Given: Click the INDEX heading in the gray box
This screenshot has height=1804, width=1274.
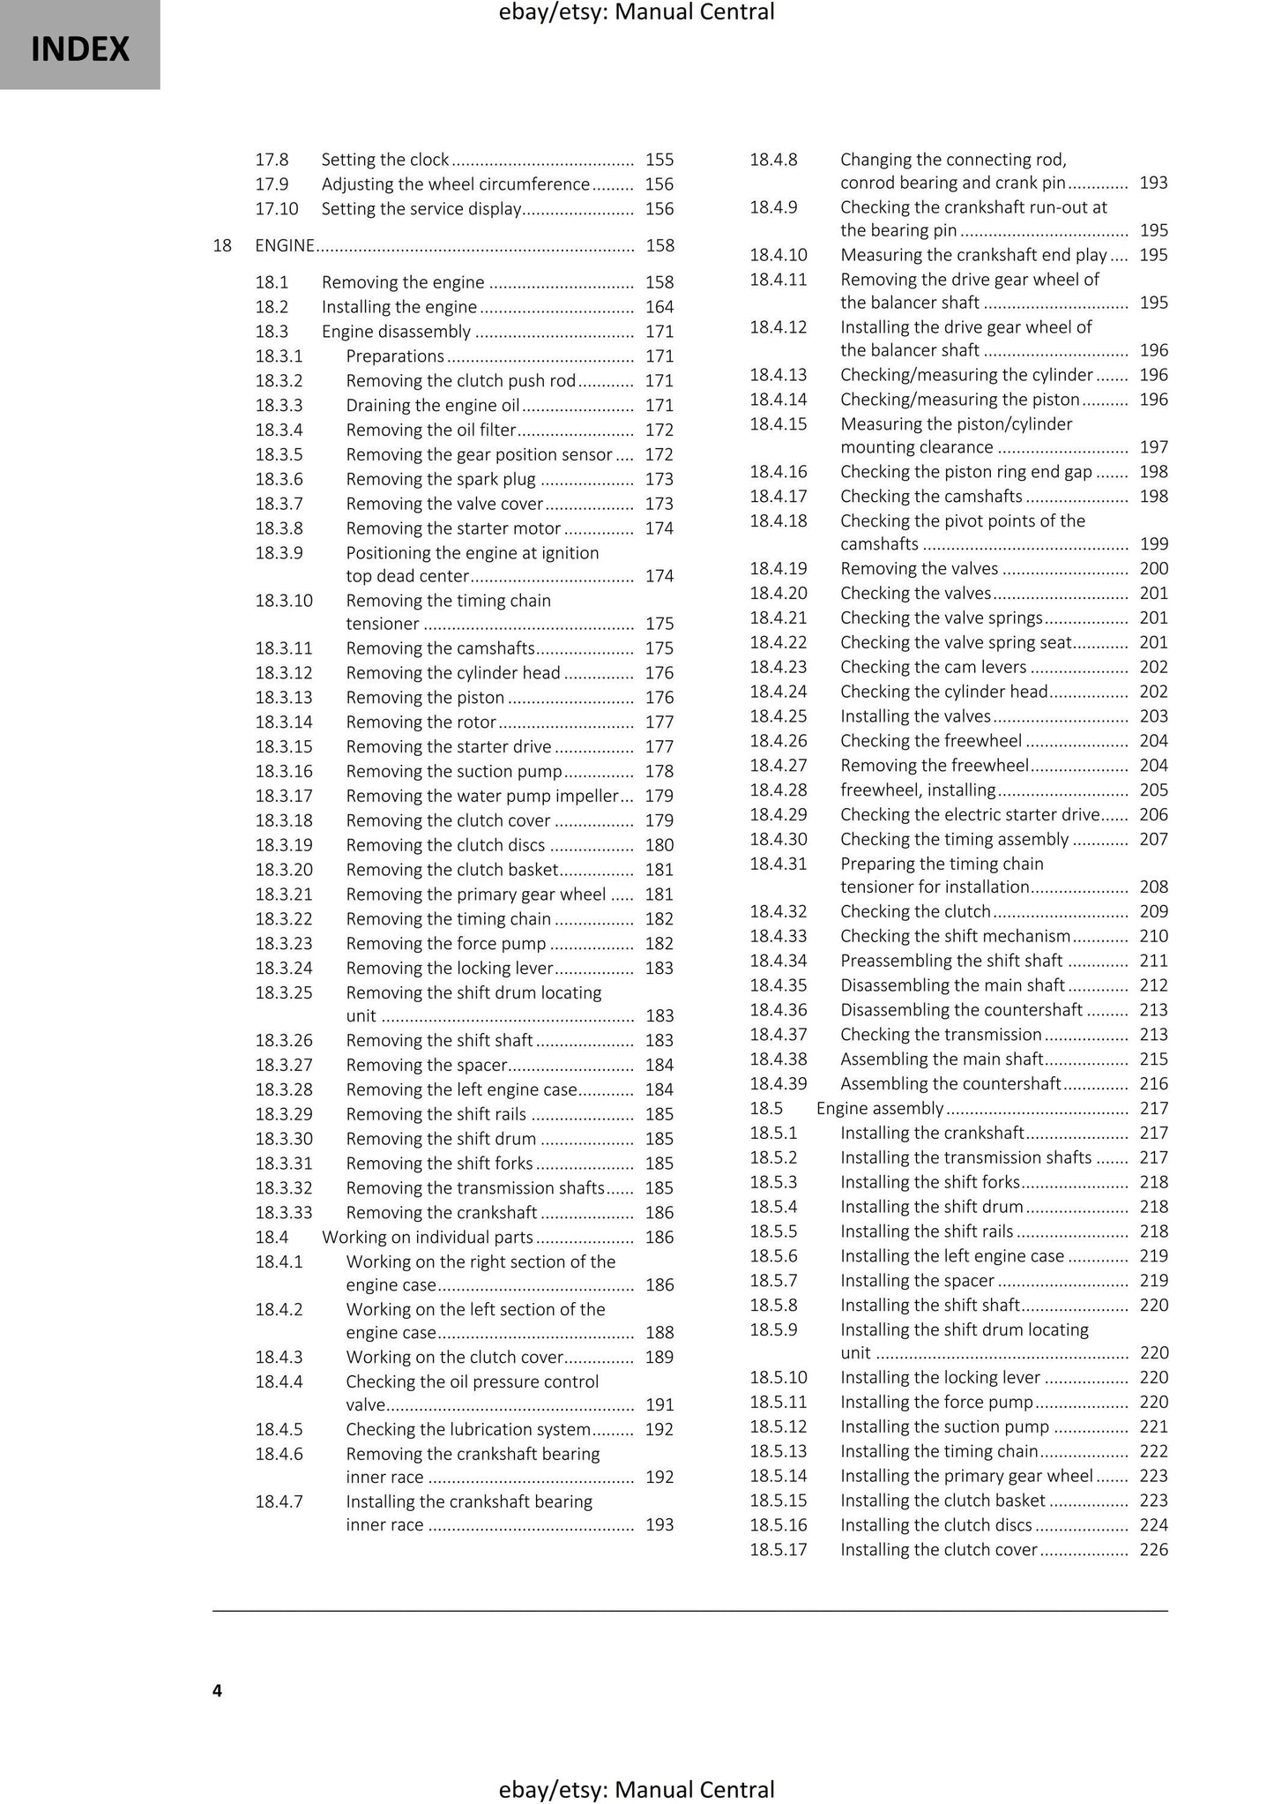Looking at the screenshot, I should [80, 49].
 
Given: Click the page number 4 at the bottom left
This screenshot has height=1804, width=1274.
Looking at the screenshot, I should [218, 1690].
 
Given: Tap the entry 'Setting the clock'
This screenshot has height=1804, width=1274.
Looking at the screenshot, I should [385, 160].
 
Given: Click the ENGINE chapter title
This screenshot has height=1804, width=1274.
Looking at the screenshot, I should [284, 245].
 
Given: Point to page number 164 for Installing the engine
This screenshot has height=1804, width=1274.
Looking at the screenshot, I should [659, 307].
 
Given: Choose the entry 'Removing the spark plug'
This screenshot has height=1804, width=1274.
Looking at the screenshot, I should [441, 479].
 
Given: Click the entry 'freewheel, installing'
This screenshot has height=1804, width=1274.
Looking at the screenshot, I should [918, 790].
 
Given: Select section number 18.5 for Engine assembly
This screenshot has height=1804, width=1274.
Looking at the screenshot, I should [766, 1108].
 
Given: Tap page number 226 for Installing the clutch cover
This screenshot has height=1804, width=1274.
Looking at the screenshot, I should [1153, 1549].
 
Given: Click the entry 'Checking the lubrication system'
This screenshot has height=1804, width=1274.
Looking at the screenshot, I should [468, 1429].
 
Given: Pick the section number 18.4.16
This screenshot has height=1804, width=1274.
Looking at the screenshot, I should [778, 472].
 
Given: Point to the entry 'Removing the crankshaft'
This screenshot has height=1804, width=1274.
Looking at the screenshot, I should [442, 1212].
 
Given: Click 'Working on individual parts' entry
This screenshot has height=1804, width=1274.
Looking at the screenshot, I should [428, 1237].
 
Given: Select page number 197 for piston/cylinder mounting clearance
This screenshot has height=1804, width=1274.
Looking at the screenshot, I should [1153, 447].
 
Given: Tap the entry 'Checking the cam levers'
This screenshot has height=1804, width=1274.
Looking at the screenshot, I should [934, 667].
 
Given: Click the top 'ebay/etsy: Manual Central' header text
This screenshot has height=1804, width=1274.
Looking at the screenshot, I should [637, 12].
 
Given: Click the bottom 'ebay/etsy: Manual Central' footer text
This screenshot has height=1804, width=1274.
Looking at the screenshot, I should [637, 1789].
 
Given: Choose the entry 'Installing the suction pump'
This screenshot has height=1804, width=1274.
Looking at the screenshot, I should [945, 1426].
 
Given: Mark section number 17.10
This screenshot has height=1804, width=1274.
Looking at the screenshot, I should [277, 209].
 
